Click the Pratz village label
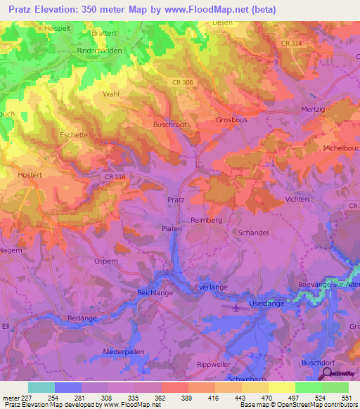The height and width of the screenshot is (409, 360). coord(176,200)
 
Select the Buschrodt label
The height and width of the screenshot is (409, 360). coord(169,124)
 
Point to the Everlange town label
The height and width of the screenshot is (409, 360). coord(210,287)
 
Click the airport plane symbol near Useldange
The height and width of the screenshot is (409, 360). coord(236,305)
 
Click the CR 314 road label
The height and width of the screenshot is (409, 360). coord(272,44)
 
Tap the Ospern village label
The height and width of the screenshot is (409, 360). coord(106,261)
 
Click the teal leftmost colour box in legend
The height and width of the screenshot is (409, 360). coord(41,387)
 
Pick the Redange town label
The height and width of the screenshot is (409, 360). coord(82,318)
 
